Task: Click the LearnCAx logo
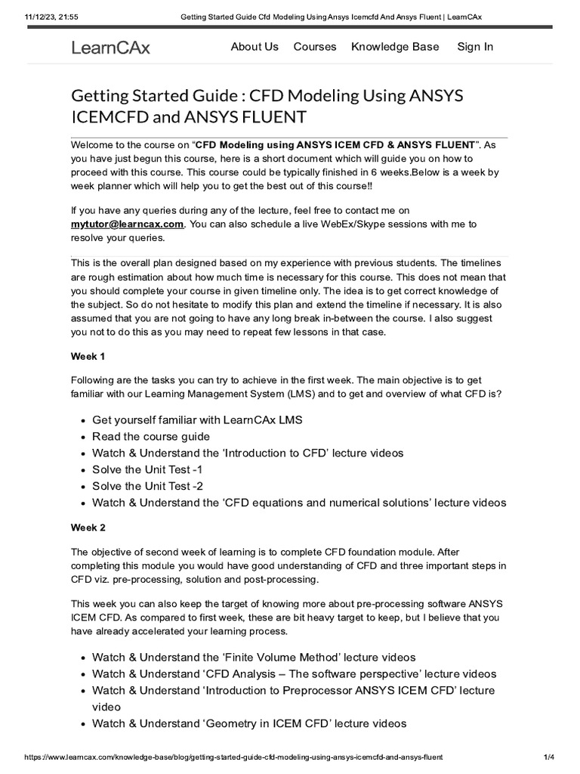(x=110, y=48)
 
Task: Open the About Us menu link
(x=255, y=47)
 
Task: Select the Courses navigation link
(x=315, y=47)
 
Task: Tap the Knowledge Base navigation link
(x=395, y=47)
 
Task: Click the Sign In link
(x=475, y=47)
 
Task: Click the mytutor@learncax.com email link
(x=127, y=224)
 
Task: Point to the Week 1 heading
(x=88, y=355)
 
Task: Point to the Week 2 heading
(x=88, y=528)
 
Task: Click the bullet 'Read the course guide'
(x=151, y=437)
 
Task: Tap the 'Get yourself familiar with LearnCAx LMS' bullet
(x=197, y=420)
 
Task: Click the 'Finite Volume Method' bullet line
(x=254, y=658)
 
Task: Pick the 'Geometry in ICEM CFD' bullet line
(x=249, y=723)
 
